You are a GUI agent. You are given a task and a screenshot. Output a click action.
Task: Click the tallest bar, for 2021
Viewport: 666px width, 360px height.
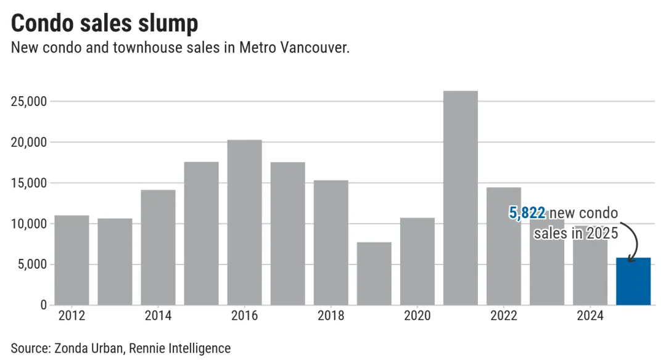tap(460, 197)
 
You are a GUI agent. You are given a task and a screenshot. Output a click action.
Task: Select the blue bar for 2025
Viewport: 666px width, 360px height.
tap(633, 281)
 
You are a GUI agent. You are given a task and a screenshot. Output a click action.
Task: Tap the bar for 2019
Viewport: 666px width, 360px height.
tap(374, 273)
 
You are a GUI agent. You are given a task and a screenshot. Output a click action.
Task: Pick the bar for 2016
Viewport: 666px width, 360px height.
tap(244, 222)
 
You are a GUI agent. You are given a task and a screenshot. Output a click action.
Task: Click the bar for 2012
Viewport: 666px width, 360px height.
tap(72, 260)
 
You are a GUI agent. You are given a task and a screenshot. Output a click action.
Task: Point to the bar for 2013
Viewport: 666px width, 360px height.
tap(115, 261)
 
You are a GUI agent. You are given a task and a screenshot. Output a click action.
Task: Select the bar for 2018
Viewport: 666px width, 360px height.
tap(331, 242)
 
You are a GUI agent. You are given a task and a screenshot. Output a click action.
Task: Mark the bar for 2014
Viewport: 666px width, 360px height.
tap(158, 247)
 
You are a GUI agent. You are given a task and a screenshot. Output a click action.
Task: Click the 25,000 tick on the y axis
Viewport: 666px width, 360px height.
tap(29, 102)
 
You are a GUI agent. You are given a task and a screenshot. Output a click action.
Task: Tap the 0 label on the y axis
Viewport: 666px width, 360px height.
tap(43, 305)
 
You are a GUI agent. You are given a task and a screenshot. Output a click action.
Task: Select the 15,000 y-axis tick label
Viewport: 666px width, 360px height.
tap(29, 184)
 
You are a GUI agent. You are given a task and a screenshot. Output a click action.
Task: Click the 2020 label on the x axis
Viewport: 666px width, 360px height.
tap(417, 316)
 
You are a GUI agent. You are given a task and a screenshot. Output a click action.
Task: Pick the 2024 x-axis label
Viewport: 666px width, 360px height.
tap(590, 316)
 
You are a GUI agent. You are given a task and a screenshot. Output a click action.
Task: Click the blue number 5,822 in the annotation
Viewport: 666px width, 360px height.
tap(527, 213)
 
